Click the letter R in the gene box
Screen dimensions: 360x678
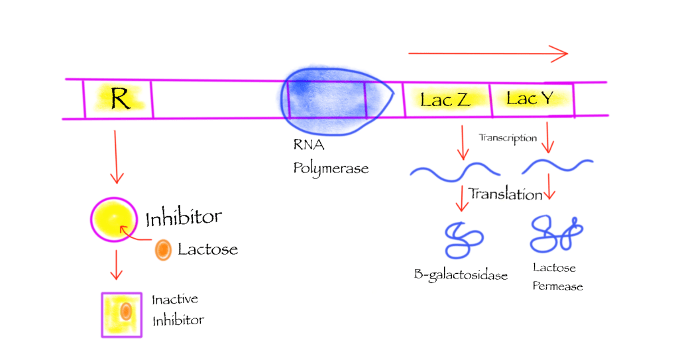[120, 99]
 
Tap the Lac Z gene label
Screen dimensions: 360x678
[445, 100]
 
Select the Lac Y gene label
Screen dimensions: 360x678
[530, 99]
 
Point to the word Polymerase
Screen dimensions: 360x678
[331, 168]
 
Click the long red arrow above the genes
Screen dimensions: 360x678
[488, 54]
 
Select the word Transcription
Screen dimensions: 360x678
[507, 138]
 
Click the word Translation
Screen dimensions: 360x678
[505, 194]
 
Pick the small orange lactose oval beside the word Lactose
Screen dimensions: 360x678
[162, 250]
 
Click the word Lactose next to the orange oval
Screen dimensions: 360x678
[207, 249]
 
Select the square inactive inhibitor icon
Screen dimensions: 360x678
[121, 314]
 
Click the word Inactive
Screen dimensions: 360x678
[175, 300]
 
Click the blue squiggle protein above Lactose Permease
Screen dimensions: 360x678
[555, 235]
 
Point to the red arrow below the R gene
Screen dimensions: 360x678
[116, 156]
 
